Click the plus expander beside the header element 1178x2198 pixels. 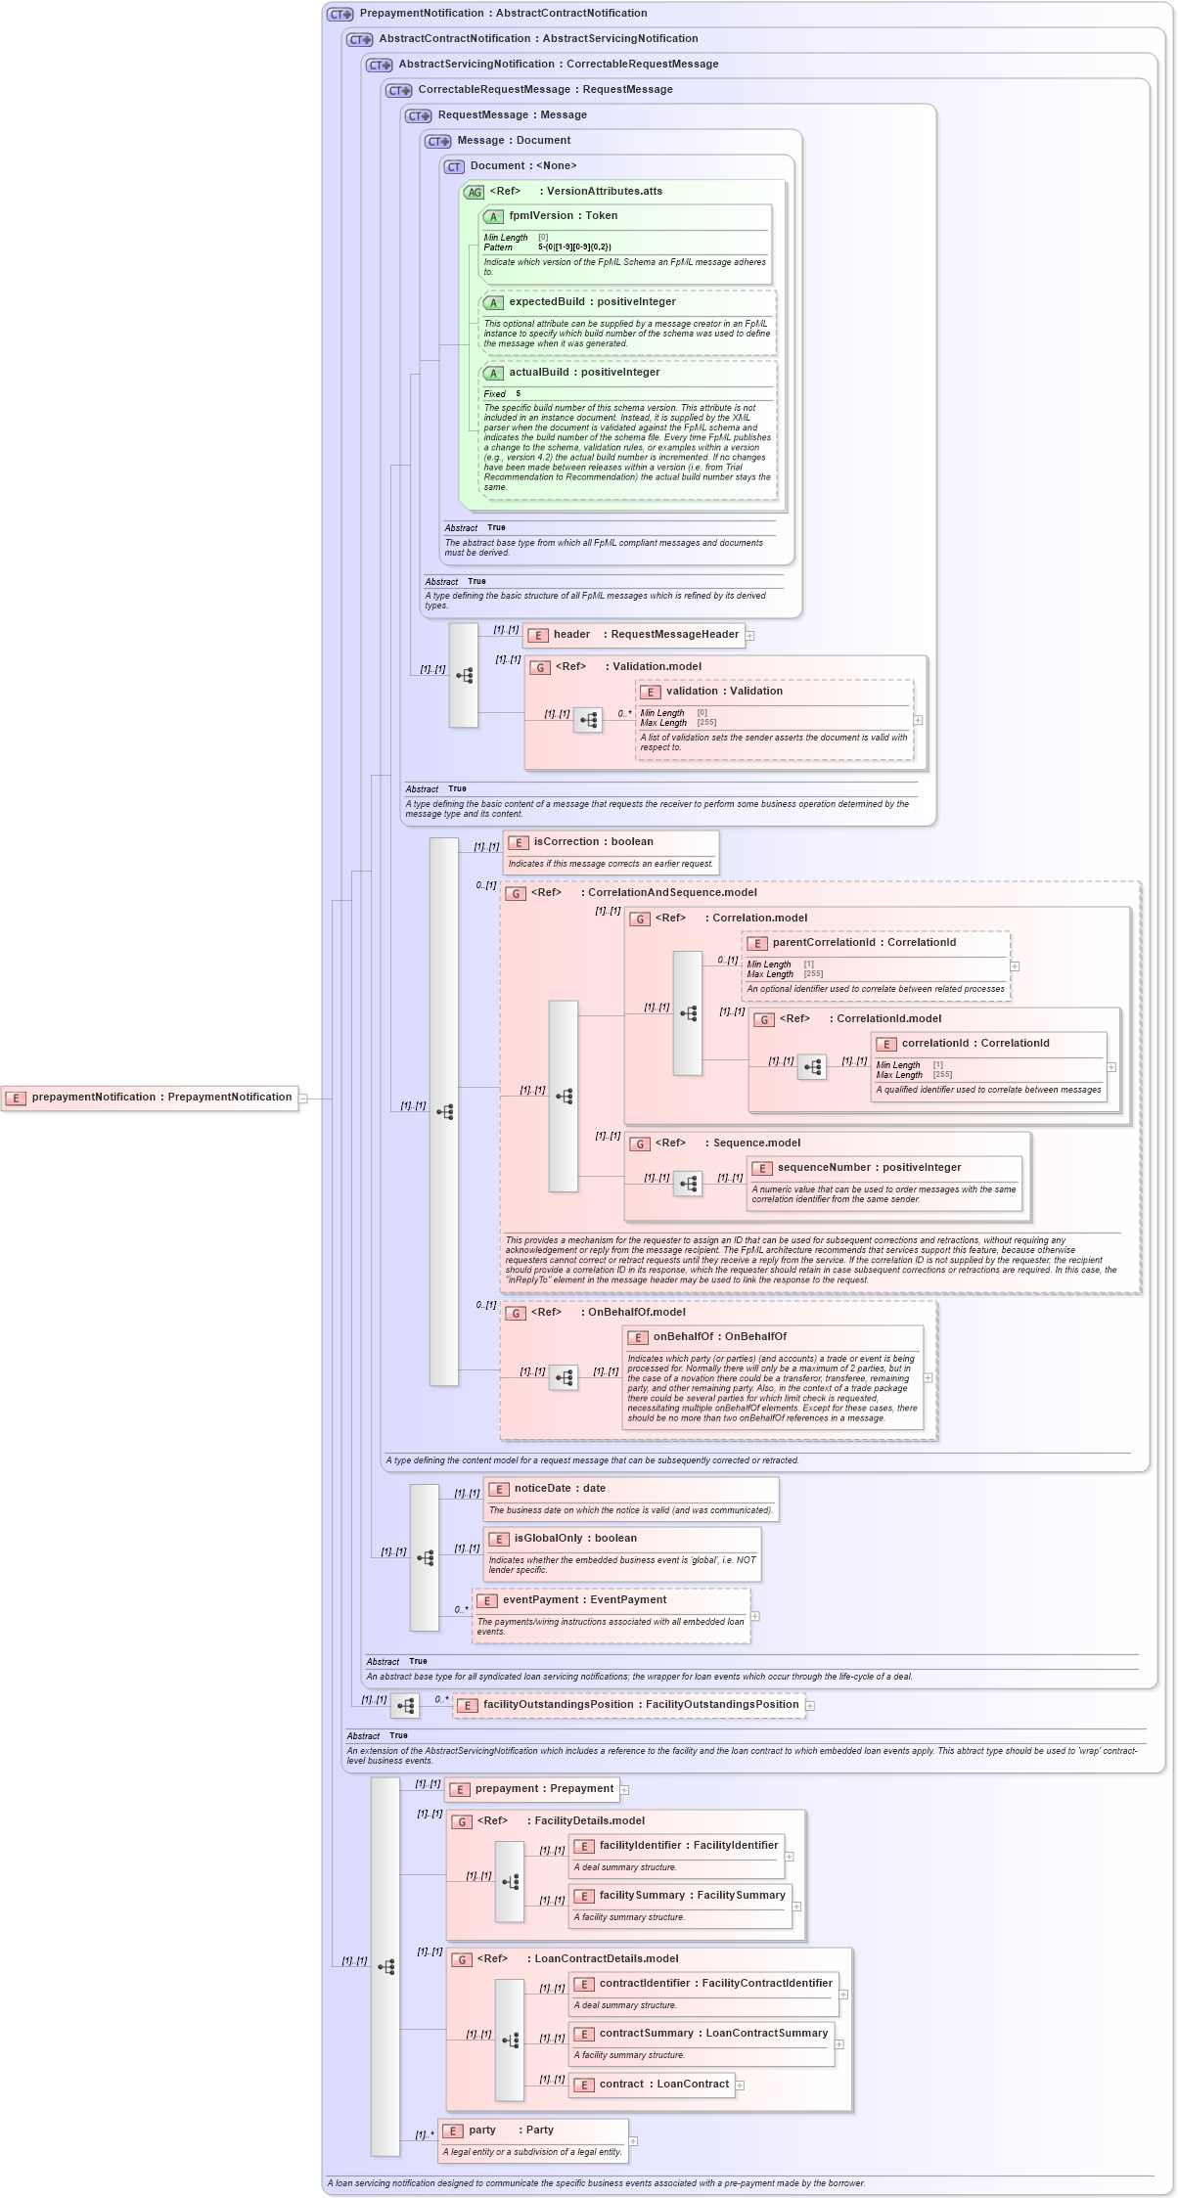point(750,636)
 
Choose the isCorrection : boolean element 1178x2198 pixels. point(593,842)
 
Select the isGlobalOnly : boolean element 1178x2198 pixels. point(574,1539)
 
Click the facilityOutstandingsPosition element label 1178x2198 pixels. point(640,1705)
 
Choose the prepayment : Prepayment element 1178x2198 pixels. point(543,1789)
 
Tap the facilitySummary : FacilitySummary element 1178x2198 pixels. point(691,1896)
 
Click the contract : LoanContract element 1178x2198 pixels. point(662,2085)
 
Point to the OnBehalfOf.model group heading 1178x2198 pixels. point(636,1313)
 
